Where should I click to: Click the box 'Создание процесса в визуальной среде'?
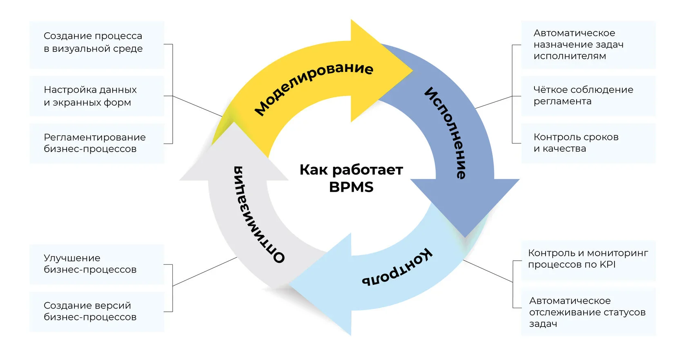[x=97, y=45]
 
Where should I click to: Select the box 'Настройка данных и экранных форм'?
[x=97, y=96]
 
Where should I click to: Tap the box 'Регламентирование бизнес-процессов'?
[x=97, y=143]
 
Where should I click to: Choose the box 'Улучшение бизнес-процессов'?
[x=97, y=264]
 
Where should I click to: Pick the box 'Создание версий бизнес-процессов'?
[x=97, y=311]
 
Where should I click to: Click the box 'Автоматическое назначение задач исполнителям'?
[x=588, y=45]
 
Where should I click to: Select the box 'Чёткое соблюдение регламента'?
[x=588, y=96]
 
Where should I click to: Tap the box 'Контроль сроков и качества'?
[x=588, y=143]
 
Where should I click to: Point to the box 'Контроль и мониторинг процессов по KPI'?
[x=588, y=259]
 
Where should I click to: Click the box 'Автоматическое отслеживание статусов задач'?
[x=588, y=312]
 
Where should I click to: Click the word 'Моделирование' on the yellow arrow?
[x=313, y=88]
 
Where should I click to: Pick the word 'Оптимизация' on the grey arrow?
[x=258, y=214]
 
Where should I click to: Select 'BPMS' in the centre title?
[x=351, y=187]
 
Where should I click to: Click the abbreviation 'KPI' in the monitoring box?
[x=607, y=264]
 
